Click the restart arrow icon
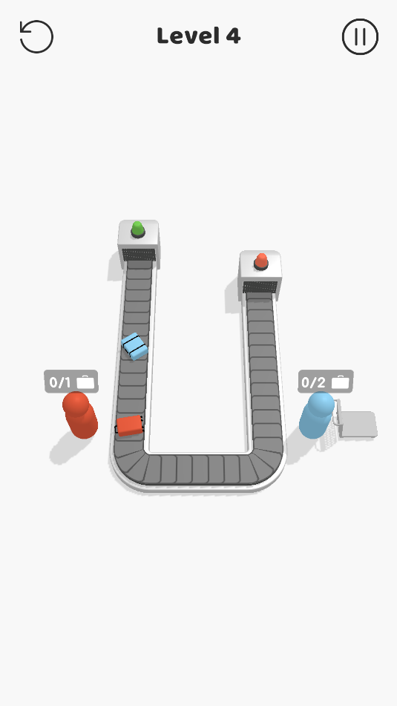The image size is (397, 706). coord(36,37)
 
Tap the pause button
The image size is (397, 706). coord(360,37)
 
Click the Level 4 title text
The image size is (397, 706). coord(199,36)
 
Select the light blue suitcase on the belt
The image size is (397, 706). coord(134,346)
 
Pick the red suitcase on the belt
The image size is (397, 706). coord(130,425)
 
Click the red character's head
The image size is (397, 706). coord(76,404)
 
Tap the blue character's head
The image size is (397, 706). coord(321,403)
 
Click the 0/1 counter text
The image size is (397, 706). coord(60,383)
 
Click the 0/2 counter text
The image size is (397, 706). coord(313,383)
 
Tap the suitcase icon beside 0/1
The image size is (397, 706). coord(85,382)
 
